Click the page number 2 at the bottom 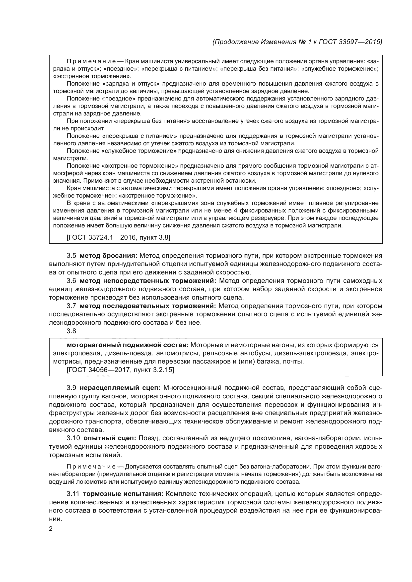tap(51, 529)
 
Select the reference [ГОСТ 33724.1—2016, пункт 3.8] tap(118, 238)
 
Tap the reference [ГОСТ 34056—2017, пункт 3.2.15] tap(120, 370)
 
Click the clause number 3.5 tap(71, 256)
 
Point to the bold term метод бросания tap(109, 256)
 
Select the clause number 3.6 tap(71, 281)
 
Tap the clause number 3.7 tap(71, 306)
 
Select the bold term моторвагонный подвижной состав tap(128, 345)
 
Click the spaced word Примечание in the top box tap(91, 61)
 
